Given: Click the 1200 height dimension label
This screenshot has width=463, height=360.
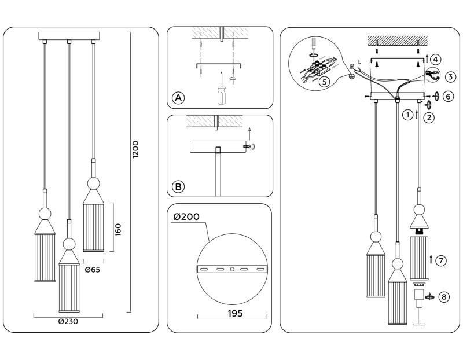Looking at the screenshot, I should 135,150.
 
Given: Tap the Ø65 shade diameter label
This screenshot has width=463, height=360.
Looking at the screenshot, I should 91,269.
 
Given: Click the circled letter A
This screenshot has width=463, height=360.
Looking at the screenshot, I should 178,98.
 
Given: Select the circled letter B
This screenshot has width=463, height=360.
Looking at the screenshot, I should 178,186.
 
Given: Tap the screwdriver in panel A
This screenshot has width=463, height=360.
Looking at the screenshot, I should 221,89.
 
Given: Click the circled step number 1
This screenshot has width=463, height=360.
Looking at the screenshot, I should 409,115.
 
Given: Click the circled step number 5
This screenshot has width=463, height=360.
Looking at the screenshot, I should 324,82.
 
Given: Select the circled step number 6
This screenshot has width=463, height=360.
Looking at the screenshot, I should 447,97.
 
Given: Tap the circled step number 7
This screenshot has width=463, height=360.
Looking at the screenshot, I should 442,260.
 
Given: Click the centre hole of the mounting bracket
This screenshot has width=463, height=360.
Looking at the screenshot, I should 231,270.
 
